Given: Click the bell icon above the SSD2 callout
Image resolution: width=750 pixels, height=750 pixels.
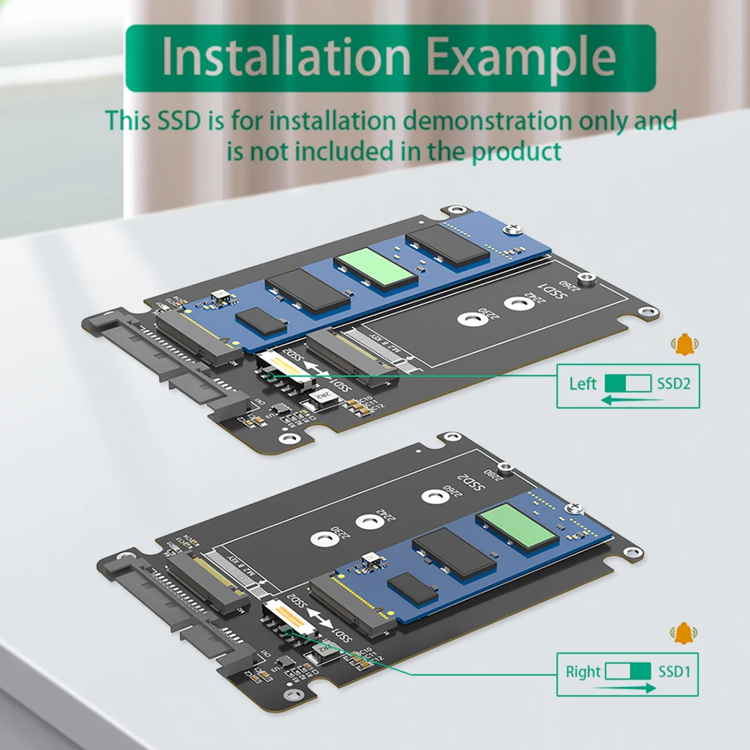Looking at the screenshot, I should pos(683,345).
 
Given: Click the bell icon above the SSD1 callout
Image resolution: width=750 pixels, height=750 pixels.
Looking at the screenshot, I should pos(683,633).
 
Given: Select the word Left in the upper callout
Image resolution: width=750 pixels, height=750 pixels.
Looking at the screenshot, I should pos(583,384).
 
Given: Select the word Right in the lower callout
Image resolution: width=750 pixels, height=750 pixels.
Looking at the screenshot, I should pos(584,671).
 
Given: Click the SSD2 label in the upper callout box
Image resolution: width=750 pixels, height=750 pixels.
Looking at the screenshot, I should pos(673,384).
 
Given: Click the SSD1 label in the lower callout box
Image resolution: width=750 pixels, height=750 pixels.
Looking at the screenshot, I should pos(673,671).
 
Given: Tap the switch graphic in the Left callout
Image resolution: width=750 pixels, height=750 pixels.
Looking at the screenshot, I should pos(628,384).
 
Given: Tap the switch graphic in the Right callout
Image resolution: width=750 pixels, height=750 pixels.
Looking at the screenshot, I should pos(628,671).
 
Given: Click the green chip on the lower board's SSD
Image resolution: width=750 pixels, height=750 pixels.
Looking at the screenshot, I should pos(518,525).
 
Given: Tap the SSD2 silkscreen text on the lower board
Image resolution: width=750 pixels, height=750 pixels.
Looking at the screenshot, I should pos(470,485).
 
